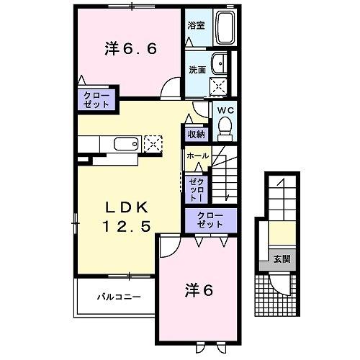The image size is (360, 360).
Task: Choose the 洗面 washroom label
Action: (197, 70)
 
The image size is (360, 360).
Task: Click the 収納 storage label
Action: (197, 134)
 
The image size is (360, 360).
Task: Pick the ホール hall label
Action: (197, 156)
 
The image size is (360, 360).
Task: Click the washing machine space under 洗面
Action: (217, 86)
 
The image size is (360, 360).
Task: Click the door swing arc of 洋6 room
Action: (168, 247)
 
